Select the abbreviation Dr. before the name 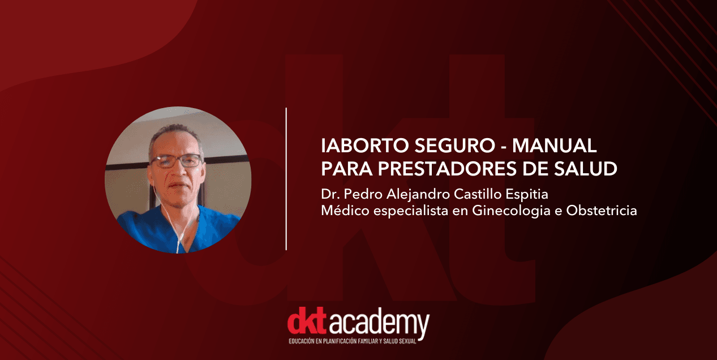(x=329, y=195)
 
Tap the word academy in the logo (x=379, y=325)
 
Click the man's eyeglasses (x=175, y=161)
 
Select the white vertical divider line (x=286, y=178)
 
